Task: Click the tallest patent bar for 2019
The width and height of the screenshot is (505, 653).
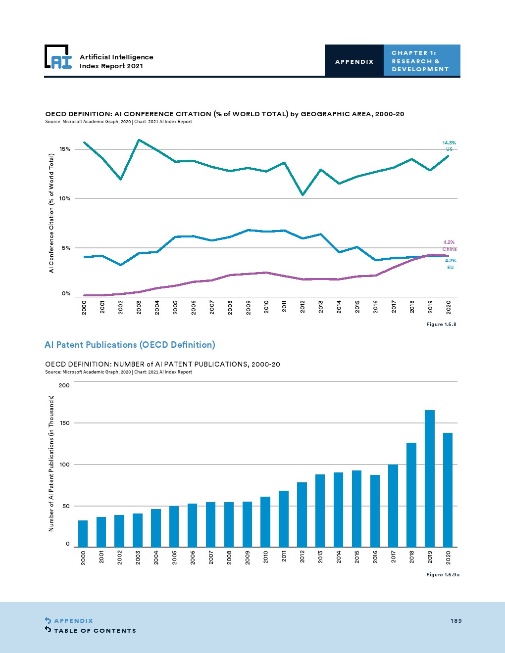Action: tap(430, 478)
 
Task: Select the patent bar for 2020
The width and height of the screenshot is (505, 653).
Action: tap(448, 490)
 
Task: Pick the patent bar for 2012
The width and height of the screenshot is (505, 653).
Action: tap(302, 514)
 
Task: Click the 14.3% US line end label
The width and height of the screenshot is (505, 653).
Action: tap(449, 146)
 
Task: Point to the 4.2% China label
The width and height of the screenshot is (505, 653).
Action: tap(449, 245)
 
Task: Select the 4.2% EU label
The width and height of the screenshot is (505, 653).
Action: tap(450, 264)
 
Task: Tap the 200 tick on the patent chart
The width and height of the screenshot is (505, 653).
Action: tap(64, 385)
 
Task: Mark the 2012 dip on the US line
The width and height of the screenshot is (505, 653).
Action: tap(303, 194)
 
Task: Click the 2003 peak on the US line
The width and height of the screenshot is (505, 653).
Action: tap(139, 140)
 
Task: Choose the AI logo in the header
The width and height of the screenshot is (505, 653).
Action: tap(58, 57)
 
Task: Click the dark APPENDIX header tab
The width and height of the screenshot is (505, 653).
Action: tap(354, 61)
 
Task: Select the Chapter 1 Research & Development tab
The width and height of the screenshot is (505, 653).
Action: tap(421, 61)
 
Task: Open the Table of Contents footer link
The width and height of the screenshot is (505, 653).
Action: tap(95, 630)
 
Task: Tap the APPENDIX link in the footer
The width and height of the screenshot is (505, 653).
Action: tap(73, 621)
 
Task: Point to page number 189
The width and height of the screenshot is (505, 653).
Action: tap(456, 621)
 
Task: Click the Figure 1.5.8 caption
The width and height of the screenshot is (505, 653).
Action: tap(441, 324)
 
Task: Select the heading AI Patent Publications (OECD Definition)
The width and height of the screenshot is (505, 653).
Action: tap(130, 345)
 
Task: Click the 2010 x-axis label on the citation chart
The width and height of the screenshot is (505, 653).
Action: tap(266, 307)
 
